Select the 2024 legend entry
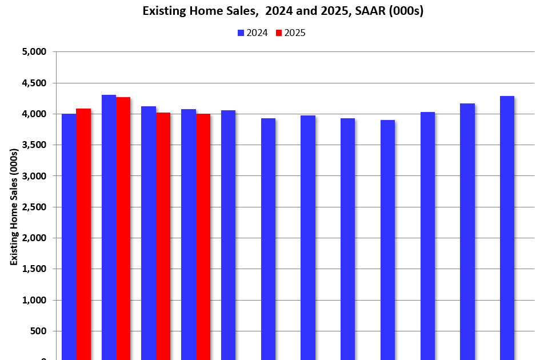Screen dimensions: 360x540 pos(252,33)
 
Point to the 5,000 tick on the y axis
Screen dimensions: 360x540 pos(34,52)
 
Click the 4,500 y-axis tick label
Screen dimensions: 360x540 pos(34,83)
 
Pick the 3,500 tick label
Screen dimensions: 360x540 pos(34,145)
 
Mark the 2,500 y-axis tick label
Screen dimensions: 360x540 pos(34,207)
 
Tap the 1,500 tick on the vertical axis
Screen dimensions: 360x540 pos(34,269)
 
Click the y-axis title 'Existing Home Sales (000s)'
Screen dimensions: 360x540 pos(13,206)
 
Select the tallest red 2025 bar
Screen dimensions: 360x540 pos(123,229)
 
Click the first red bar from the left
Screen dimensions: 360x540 pos(83,234)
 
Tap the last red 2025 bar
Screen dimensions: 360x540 pos(203,237)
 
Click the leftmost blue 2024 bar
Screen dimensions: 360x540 pos(69,237)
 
